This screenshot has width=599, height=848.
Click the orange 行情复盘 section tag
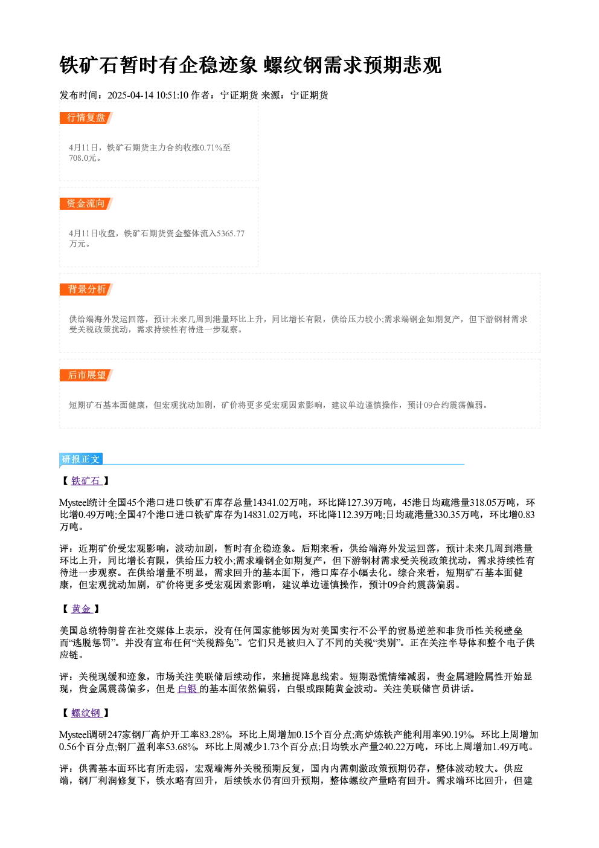coord(86,118)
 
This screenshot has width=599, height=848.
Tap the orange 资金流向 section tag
coord(86,204)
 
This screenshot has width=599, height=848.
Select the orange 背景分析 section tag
coord(86,290)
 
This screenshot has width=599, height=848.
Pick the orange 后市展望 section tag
coord(86,375)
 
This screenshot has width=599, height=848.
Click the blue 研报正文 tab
coord(81,459)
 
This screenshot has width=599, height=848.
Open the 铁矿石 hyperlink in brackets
coord(86,481)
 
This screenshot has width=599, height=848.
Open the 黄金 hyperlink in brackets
coord(82,609)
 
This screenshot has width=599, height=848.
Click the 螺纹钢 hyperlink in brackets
coord(86,713)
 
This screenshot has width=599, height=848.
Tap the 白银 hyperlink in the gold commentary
coord(188,689)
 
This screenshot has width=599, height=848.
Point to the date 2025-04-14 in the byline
coord(130,95)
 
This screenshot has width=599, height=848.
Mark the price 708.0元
coord(83,158)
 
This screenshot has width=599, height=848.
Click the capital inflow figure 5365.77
coord(230,233)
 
